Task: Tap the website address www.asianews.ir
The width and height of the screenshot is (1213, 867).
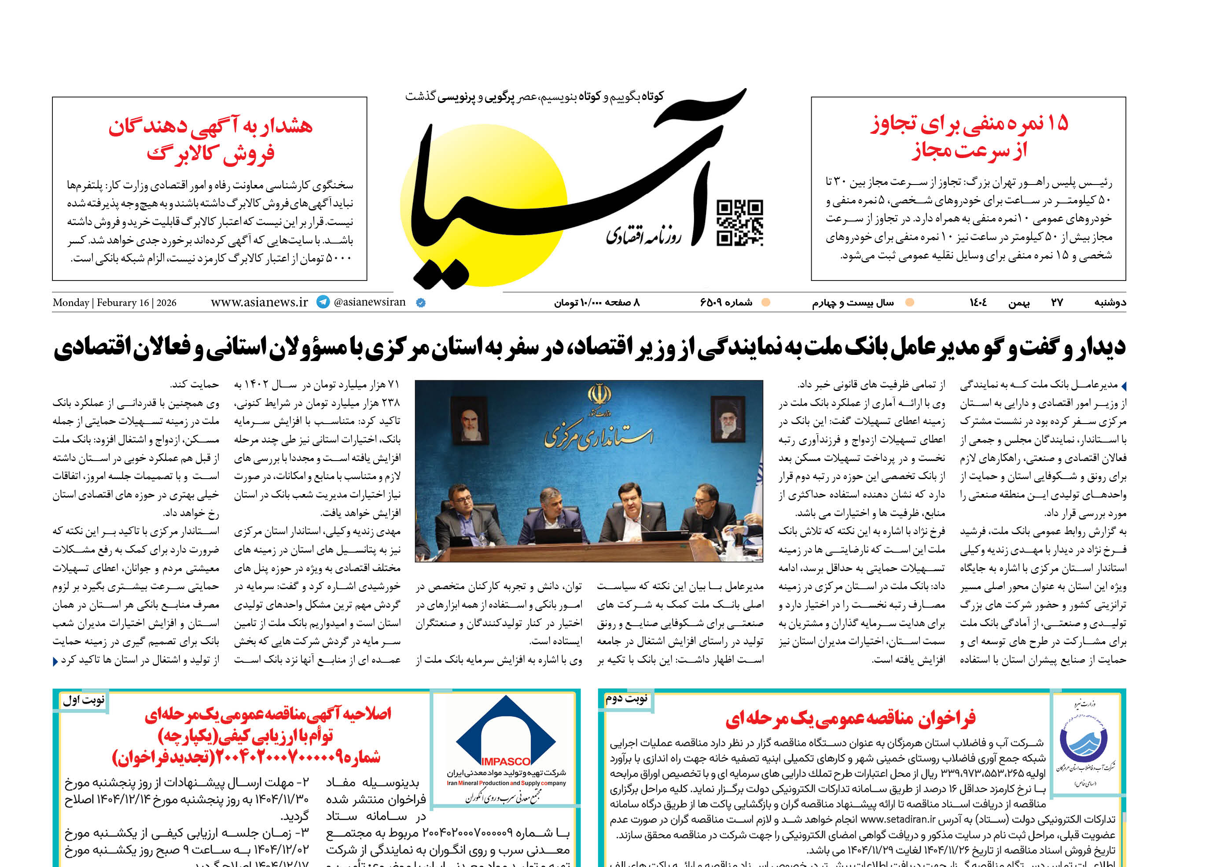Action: pyautogui.click(x=259, y=302)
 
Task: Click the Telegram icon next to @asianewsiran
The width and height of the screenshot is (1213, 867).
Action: pyautogui.click(x=323, y=302)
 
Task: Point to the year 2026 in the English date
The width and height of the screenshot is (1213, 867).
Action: pyautogui.click(x=166, y=303)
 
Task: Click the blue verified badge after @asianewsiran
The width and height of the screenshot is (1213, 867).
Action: pyautogui.click(x=420, y=303)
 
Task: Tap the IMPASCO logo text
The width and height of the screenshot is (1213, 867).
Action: pyautogui.click(x=505, y=761)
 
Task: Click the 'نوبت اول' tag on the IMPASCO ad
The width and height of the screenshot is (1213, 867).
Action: pyautogui.click(x=84, y=701)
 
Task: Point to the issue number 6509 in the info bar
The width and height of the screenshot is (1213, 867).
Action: pyautogui.click(x=726, y=303)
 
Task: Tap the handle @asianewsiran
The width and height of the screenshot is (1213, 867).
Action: pyautogui.click(x=369, y=302)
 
